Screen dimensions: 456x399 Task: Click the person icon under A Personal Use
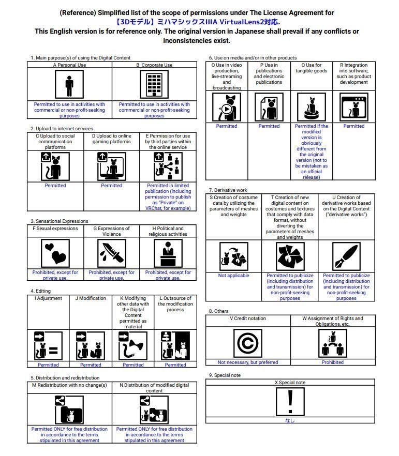click(69, 84)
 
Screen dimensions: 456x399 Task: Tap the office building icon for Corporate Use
click(154, 84)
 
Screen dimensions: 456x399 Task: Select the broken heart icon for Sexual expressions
click(55, 253)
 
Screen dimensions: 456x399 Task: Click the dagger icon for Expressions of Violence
click(111, 253)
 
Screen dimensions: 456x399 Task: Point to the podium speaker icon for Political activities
click(168, 253)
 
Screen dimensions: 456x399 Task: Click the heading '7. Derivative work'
click(228, 190)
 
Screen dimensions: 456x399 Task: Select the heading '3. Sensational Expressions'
click(59, 221)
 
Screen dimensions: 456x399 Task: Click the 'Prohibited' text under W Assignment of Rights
click(332, 362)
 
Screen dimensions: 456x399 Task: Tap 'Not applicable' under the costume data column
click(233, 276)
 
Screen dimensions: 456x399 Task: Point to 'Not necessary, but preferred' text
click(248, 362)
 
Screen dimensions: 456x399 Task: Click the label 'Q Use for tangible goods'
click(311, 68)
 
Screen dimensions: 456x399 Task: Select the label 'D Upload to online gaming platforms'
click(111, 139)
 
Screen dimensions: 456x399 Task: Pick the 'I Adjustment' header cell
click(48, 298)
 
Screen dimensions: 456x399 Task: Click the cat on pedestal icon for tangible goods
click(311, 108)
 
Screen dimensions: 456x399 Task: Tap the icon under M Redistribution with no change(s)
click(69, 410)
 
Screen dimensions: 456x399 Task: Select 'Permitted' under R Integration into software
click(353, 126)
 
